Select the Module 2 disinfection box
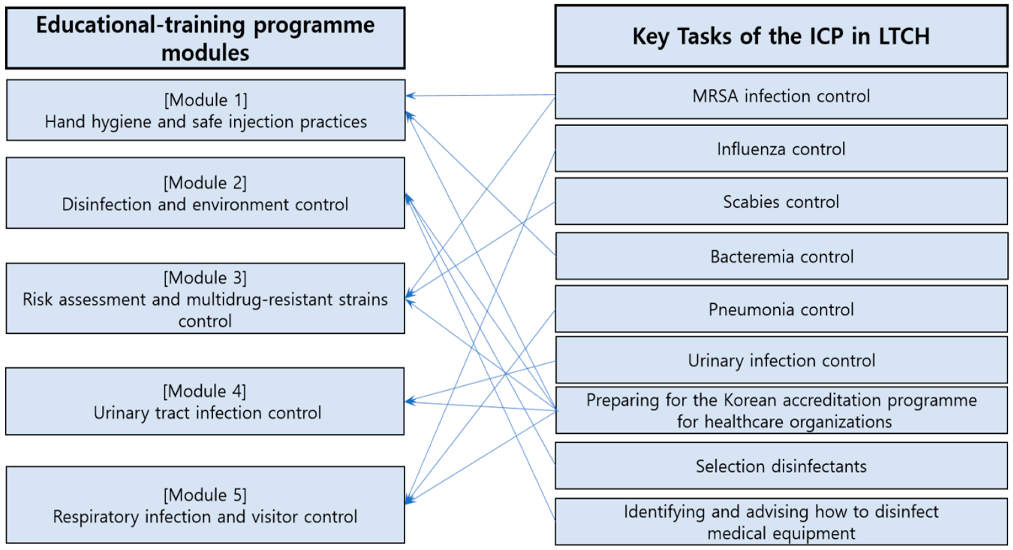pyautogui.click(x=205, y=193)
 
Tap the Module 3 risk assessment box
pyautogui.click(x=205, y=299)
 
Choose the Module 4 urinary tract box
pyautogui.click(x=205, y=401)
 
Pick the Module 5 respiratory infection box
pyautogui.click(x=205, y=505)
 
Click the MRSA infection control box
pyautogui.click(x=781, y=96)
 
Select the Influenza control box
pyautogui.click(x=781, y=149)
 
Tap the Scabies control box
pyautogui.click(x=781, y=201)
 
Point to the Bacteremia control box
pyautogui.click(x=782, y=256)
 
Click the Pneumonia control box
pyautogui.click(x=781, y=309)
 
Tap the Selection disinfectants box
pyautogui.click(x=781, y=466)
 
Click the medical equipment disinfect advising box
pyautogui.click(x=781, y=522)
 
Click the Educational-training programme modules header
pyautogui.click(x=205, y=38)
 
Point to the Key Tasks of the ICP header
pyautogui.click(x=781, y=36)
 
